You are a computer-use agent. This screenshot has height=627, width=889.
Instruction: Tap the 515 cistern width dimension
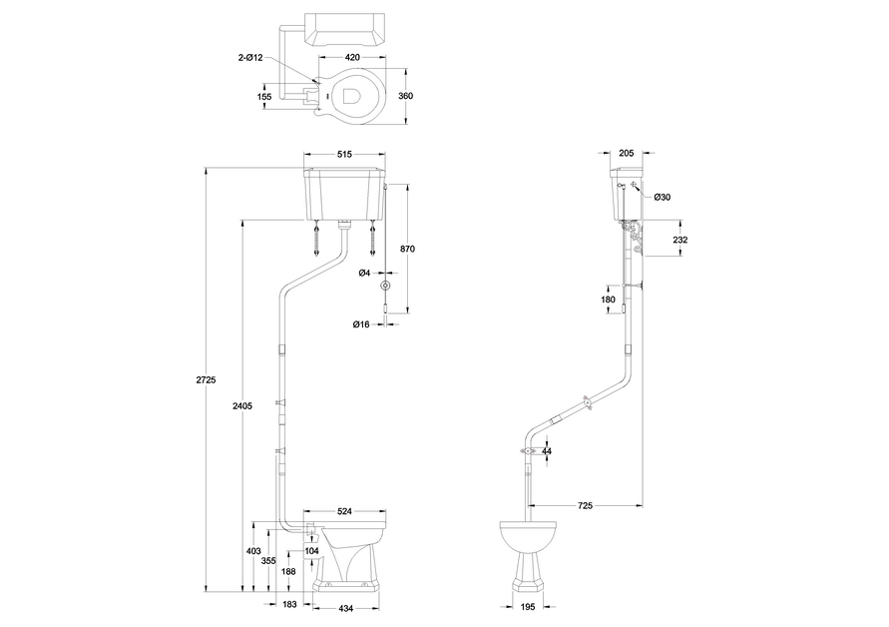click(344, 154)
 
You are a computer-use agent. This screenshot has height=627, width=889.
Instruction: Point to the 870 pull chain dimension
click(406, 249)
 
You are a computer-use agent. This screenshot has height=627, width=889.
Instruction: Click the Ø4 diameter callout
click(365, 273)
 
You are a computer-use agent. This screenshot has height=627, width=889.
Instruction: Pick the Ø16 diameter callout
click(361, 324)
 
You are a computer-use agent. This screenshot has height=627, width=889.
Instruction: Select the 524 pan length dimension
click(344, 512)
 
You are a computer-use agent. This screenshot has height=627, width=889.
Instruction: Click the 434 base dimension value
click(345, 608)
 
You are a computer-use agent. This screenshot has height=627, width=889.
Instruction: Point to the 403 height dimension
click(253, 551)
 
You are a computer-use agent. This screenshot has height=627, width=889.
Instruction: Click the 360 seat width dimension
click(405, 97)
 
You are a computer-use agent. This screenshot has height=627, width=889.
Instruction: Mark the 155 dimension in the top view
click(264, 97)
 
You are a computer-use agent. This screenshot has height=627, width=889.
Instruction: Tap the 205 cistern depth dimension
click(626, 154)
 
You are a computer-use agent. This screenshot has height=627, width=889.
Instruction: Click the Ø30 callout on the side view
click(664, 198)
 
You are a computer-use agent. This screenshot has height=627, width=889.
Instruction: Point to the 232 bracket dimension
click(679, 241)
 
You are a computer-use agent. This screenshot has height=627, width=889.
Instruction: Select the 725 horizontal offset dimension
click(585, 507)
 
